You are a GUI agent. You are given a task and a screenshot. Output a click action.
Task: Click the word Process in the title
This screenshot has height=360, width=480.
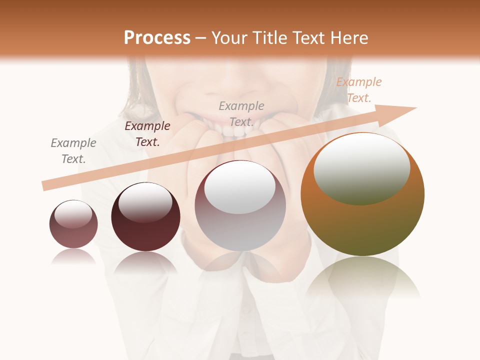click(157, 38)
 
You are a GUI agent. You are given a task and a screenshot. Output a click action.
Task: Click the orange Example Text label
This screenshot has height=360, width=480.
click(358, 90)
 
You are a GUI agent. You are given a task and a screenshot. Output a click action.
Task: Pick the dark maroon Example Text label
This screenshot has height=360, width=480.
click(147, 134)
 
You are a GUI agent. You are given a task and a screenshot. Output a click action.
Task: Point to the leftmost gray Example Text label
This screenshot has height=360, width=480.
click(73, 151)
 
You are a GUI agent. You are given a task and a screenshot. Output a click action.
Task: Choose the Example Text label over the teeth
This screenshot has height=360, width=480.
click(241, 113)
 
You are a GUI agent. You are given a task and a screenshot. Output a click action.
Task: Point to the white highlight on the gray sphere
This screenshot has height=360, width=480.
click(240, 187)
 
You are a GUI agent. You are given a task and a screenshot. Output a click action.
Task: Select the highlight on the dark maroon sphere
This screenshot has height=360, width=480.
click(145, 202)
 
